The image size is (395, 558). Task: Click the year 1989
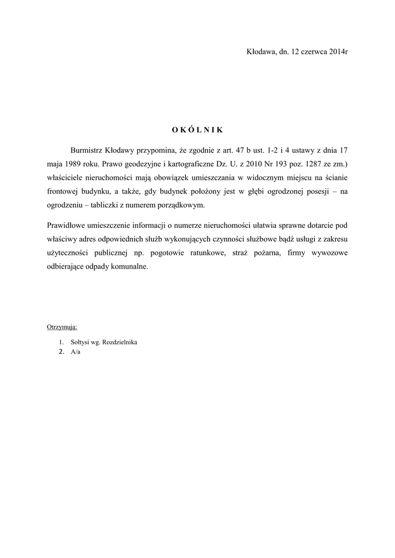click(72, 163)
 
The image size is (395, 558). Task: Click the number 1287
click(309, 163)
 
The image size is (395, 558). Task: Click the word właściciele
click(66, 178)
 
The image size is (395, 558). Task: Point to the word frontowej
click(65, 192)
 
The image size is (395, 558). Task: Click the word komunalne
click(129, 268)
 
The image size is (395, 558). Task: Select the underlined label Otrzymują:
click(62, 327)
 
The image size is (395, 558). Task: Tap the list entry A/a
click(76, 352)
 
